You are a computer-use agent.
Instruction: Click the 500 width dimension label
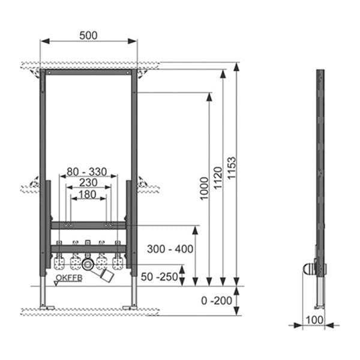88,35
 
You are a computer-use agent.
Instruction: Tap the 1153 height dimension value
233,169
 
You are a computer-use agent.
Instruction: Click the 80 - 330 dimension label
87,172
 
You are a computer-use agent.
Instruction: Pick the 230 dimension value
88,182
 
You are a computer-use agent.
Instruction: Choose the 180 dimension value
88,194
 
